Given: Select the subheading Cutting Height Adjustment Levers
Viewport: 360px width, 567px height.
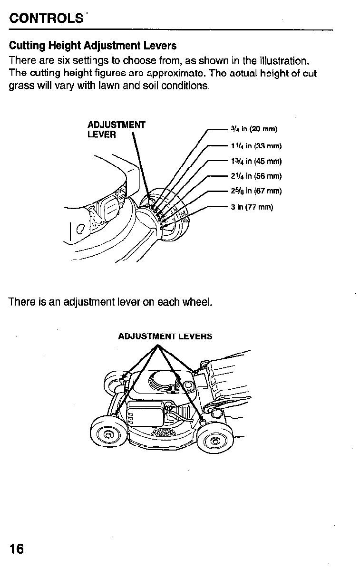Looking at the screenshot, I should pos(93,46).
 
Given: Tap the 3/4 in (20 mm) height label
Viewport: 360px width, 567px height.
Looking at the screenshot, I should pos(253,129).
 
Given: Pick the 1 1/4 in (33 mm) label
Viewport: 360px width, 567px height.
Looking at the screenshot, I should pos(256,146).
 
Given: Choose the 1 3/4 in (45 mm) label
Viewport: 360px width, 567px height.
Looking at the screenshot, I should pos(256,161).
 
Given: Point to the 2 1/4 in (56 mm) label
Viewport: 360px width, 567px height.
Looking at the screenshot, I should pos(256,176).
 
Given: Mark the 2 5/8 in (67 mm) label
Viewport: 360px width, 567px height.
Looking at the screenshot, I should pos(256,192).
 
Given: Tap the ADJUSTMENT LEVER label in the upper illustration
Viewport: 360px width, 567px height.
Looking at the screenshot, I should pos(116,130).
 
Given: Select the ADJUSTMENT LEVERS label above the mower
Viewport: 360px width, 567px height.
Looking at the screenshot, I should pos(165,336).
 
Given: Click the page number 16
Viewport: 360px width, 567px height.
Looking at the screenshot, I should pos(16,549).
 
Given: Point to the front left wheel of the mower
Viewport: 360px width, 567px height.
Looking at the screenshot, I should pos(108,434).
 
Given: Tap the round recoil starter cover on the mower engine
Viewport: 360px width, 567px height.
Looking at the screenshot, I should pos(164,381).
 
